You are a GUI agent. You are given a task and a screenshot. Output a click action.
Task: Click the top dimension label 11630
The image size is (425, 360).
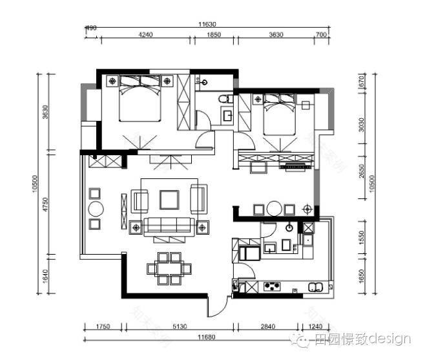point(207,25)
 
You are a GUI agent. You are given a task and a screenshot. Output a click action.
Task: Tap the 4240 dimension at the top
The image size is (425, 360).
point(145,36)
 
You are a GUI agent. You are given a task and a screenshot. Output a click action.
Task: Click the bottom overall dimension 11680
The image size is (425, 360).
point(207,337)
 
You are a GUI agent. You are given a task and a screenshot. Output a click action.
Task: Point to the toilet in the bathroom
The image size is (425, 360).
point(223,99)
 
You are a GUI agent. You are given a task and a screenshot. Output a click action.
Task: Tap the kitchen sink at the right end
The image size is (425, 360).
point(316,286)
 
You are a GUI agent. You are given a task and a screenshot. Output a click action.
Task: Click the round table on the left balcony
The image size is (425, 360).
point(96,209)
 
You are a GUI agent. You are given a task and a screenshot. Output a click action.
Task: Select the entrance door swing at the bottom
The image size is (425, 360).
point(220,306)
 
